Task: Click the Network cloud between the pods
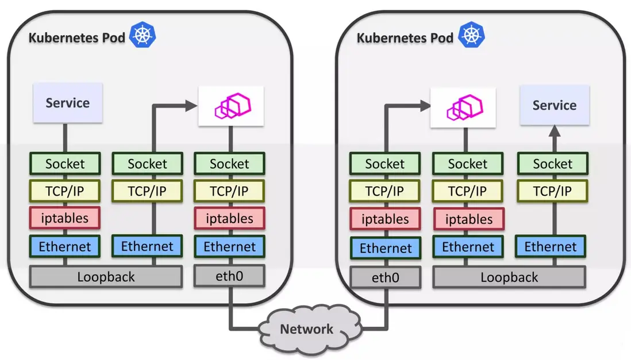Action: [x=306, y=330]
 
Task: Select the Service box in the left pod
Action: [x=68, y=103]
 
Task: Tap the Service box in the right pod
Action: [x=555, y=105]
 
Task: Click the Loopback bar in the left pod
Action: [x=106, y=277]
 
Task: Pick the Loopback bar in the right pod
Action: [x=509, y=277]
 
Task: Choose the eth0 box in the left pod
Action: [x=229, y=276]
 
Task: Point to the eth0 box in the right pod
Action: [x=385, y=278]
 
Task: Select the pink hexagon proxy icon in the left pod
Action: [x=230, y=106]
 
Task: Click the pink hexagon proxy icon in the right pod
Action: [x=463, y=107]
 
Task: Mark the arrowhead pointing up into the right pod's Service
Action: [x=555, y=132]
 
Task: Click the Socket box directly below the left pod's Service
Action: [x=65, y=164]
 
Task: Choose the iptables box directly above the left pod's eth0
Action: [x=229, y=219]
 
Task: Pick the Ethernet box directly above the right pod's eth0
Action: [x=385, y=248]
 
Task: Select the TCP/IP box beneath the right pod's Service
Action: [x=552, y=192]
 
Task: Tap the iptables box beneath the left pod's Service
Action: [x=65, y=218]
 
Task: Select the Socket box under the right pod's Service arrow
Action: [x=552, y=164]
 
